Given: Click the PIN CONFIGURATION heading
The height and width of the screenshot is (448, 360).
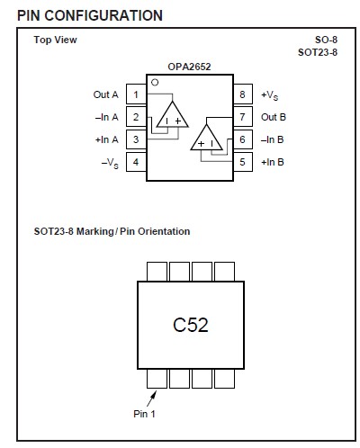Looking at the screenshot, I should pos(90,15).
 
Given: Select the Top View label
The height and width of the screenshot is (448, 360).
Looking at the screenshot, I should pos(55,40).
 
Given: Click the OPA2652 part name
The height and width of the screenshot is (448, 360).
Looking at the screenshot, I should pos(189,67).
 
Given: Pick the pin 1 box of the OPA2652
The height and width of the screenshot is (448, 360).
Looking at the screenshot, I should pos(135,94).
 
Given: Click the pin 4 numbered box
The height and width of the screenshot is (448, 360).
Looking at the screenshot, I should pos(135,162).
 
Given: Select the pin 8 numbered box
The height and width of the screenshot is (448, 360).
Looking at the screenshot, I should pos(242,94).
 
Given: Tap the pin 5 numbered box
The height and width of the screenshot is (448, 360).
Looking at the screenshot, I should pos(242,162).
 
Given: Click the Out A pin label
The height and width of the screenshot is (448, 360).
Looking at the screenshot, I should pos(105,94).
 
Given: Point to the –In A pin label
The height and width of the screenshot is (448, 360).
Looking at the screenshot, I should pos(106,117).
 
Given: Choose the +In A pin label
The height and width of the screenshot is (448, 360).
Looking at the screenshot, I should pos(106,139).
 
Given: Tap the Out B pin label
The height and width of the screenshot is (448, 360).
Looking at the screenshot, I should pos(273,117).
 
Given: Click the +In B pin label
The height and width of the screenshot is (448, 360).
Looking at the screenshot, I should pos(273,162).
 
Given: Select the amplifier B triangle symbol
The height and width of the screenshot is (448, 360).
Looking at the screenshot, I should pos(207,139).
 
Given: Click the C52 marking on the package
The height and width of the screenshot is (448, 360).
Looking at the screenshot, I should pos(190,325).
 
